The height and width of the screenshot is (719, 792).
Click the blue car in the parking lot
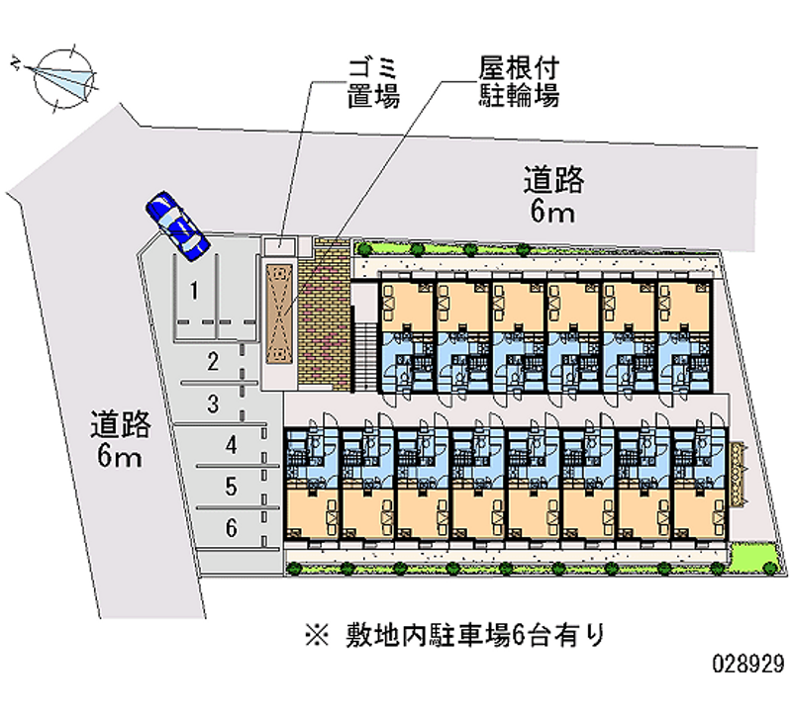click(175, 224)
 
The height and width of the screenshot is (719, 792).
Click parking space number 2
click(211, 361)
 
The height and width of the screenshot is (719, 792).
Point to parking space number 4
click(230, 445)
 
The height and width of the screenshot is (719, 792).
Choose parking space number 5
click(230, 486)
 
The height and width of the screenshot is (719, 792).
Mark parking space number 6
click(230, 528)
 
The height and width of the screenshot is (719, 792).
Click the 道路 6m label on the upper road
click(553, 195)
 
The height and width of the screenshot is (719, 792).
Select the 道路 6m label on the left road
click(119, 439)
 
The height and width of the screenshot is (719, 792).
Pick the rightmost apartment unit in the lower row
click(700, 483)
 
